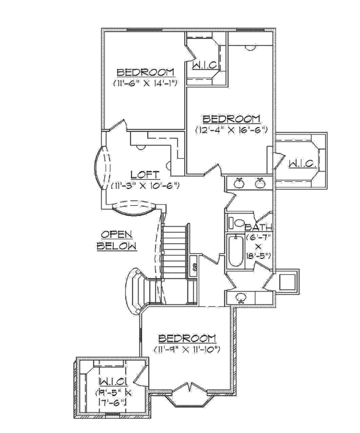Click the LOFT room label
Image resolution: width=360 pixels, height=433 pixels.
coord(144,175)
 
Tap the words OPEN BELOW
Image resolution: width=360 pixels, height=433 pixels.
coord(118,240)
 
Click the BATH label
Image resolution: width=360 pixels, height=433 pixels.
coord(259,227)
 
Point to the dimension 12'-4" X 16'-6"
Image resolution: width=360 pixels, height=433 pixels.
coord(231,129)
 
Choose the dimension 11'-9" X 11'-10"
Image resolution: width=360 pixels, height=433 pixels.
coord(186,348)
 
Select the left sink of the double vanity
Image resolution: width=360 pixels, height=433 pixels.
coord(239,183)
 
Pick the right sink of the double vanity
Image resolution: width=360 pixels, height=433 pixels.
coord(260,183)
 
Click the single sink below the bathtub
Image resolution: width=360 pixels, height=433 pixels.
coord(241,296)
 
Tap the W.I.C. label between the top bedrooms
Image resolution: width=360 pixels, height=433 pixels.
coord(204,65)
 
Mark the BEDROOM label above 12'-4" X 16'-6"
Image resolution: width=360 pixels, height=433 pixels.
coord(231,118)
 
